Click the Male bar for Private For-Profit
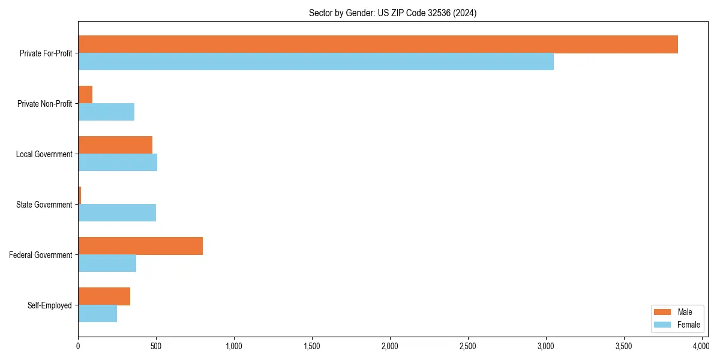pyautogui.click(x=378, y=44)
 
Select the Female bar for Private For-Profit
pyautogui.click(x=316, y=62)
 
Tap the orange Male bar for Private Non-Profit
pyautogui.click(x=85, y=95)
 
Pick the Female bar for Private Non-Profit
pyautogui.click(x=106, y=112)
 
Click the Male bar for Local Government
pyautogui.click(x=115, y=145)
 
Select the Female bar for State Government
pyautogui.click(x=117, y=213)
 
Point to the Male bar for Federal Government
pyautogui.click(x=140, y=246)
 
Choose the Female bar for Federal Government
pyautogui.click(x=107, y=263)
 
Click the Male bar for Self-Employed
pyautogui.click(x=104, y=296)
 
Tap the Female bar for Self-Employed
pyautogui.click(x=97, y=314)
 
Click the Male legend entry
pyautogui.click(x=677, y=312)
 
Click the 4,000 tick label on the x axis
pyautogui.click(x=701, y=346)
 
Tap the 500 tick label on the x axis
pyautogui.click(x=156, y=346)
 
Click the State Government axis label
pyautogui.click(x=44, y=205)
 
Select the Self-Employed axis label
pyautogui.click(x=50, y=305)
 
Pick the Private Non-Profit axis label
pyautogui.click(x=45, y=104)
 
